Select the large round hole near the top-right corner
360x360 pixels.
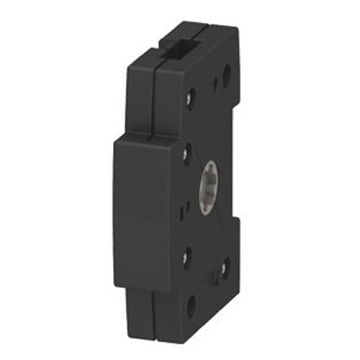[x=226, y=71]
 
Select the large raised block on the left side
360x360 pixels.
[x=144, y=209]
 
